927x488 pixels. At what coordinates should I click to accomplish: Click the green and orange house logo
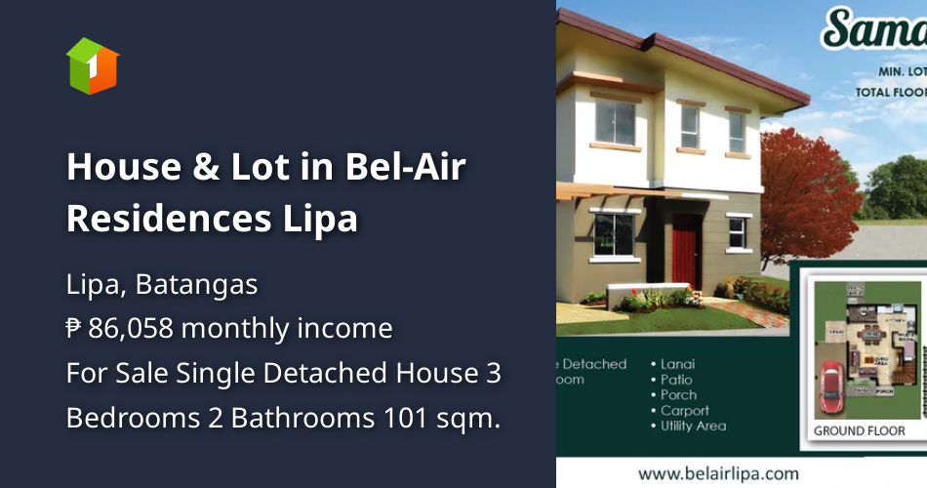tap(93, 65)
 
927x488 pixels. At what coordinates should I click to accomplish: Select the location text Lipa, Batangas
tap(162, 285)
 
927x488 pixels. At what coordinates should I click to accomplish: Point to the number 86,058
tap(131, 329)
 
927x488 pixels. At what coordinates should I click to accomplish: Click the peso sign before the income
tap(74, 329)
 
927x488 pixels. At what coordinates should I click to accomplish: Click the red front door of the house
tap(685, 252)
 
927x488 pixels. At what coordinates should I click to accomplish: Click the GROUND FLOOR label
tap(860, 430)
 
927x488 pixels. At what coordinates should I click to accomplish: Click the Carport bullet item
tap(684, 411)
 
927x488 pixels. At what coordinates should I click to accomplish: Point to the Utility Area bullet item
tap(693, 427)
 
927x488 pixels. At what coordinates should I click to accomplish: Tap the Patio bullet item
tap(675, 380)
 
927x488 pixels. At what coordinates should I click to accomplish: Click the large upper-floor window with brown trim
tap(616, 123)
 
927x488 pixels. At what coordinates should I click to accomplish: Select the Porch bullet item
tap(677, 395)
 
